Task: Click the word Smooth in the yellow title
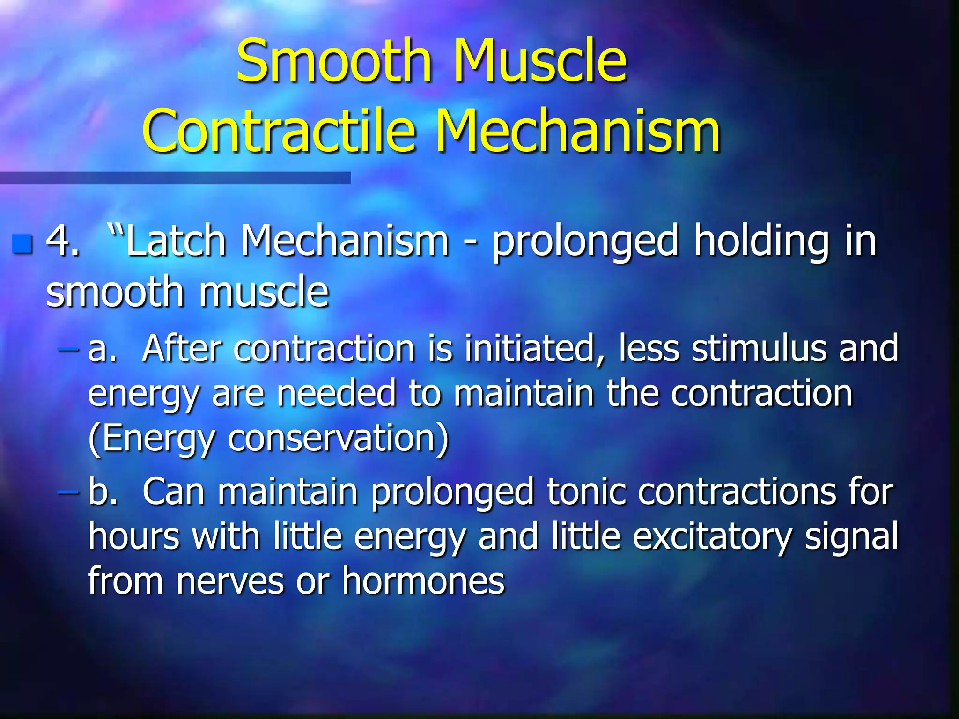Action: [x=333, y=61]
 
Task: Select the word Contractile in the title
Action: [x=279, y=131]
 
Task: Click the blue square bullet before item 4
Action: [x=22, y=244]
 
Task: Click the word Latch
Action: [x=176, y=242]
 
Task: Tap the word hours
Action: [x=134, y=536]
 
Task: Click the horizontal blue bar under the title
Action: [x=175, y=178]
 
